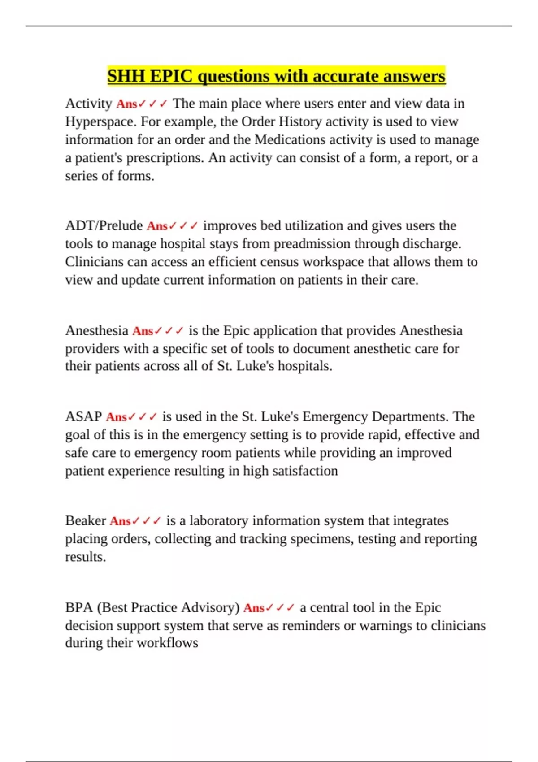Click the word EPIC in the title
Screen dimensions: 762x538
pyautogui.click(x=171, y=76)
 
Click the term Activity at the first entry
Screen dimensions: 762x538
pyautogui.click(x=88, y=104)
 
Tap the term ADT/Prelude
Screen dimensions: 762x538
pyautogui.click(x=104, y=225)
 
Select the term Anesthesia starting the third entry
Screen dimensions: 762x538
pyautogui.click(x=96, y=331)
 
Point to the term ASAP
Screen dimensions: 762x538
pyautogui.click(x=83, y=416)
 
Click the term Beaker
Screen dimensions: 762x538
pyautogui.click(x=85, y=521)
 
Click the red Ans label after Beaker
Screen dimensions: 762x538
pyautogui.click(x=120, y=521)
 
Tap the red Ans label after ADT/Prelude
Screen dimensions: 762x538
pyautogui.click(x=157, y=226)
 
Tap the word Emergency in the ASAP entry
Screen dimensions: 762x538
pyautogui.click(x=335, y=416)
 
